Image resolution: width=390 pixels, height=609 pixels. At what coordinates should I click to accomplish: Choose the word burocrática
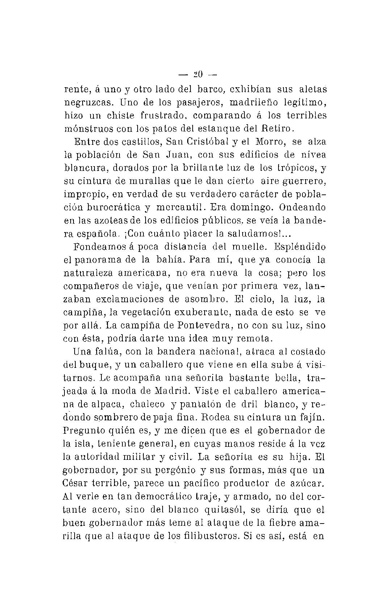click(x=110, y=207)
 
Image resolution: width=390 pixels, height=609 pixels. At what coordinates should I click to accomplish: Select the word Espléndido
click(x=300, y=247)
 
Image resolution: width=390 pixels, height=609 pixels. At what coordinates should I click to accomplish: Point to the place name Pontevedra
click(x=205, y=325)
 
